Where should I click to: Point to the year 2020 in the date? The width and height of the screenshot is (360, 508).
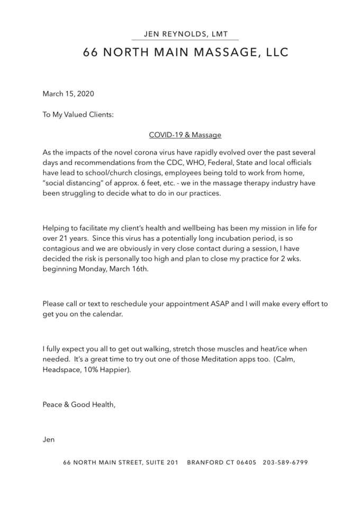click(85, 94)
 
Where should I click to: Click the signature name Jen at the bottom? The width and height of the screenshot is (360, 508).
click(49, 439)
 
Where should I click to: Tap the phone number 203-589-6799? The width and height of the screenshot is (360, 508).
click(285, 462)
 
